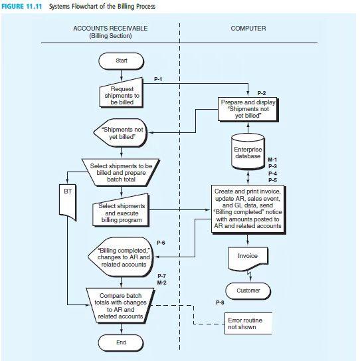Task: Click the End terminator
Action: (x=121, y=342)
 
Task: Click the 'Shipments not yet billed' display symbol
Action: (x=120, y=134)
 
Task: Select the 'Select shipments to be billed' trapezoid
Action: (x=121, y=170)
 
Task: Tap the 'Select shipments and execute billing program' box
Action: (x=121, y=213)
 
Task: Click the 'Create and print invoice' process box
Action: (x=248, y=208)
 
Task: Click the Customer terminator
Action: (x=248, y=291)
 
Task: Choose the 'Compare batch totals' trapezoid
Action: (x=121, y=306)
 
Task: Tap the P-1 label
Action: (x=159, y=79)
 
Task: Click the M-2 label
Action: (x=161, y=283)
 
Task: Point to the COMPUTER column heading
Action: (x=248, y=29)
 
